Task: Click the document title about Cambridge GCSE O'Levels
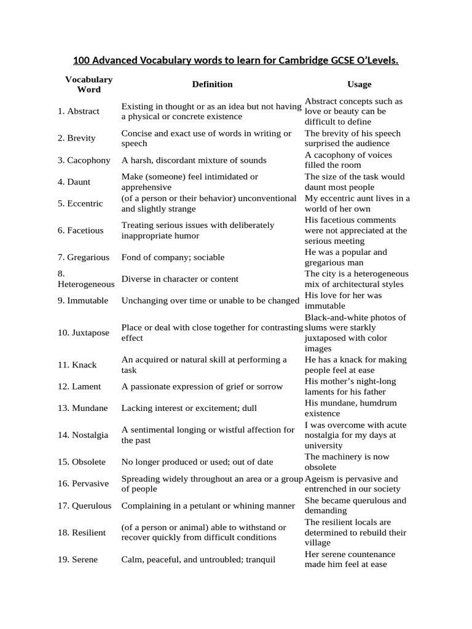point(236,60)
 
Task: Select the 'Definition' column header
point(212,84)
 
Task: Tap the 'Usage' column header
point(359,84)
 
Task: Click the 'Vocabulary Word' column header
point(89,84)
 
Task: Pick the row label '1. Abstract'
point(79,111)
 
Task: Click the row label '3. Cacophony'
point(84,160)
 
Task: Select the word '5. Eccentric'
point(81,203)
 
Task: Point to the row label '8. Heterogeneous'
point(85,279)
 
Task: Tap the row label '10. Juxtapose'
point(84,333)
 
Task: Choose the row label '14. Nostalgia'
point(83,435)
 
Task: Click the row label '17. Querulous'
point(85,506)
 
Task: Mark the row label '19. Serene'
point(77,560)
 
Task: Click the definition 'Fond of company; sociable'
point(173,257)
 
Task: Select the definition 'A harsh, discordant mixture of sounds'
point(194,160)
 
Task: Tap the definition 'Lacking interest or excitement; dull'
point(189,408)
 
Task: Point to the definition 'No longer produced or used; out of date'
point(197,462)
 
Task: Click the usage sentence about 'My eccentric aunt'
point(357,203)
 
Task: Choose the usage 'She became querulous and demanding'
point(355,506)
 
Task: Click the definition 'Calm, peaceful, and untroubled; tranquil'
point(199,560)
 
